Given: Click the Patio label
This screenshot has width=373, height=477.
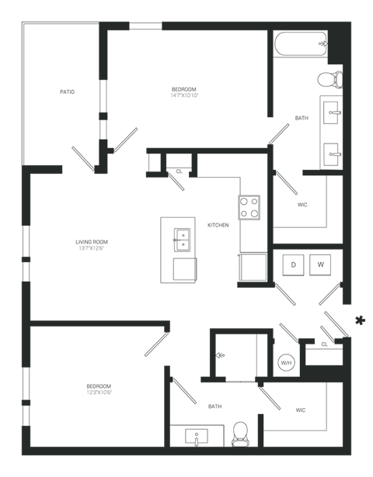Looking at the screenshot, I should (x=67, y=92).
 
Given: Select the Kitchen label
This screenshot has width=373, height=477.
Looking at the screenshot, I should (x=218, y=226).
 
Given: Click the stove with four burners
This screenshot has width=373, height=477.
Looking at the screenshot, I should (x=249, y=207).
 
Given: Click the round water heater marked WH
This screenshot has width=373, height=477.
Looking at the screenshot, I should (x=286, y=362).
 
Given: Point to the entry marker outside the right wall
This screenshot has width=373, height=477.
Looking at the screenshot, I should (x=360, y=320).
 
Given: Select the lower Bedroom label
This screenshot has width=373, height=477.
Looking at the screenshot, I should (x=99, y=389).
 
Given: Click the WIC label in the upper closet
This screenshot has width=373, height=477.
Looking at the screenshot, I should (x=302, y=206).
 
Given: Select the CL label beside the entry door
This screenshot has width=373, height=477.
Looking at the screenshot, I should (x=323, y=344).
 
